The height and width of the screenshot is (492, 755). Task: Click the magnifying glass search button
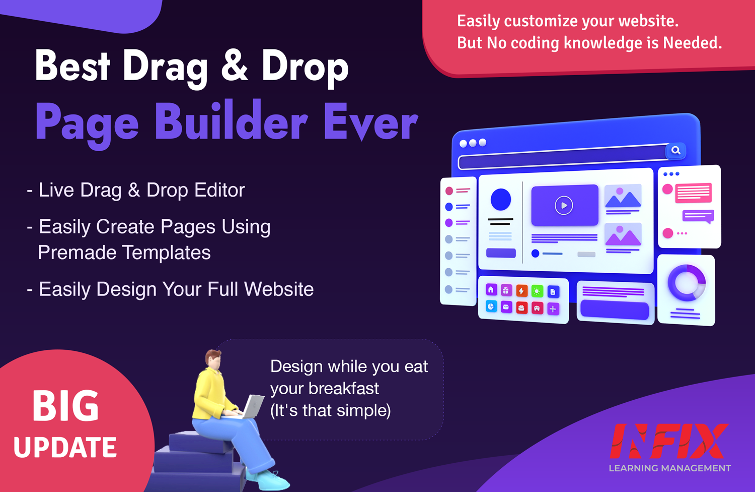point(675,150)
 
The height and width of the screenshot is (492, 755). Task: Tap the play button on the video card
point(564,205)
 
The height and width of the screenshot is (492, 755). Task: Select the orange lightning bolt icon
point(521,290)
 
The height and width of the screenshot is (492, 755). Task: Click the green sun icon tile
point(537,291)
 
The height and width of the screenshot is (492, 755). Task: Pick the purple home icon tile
point(491,289)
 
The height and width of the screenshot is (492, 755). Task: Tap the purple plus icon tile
point(553,309)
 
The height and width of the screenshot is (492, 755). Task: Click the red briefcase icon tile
point(521,307)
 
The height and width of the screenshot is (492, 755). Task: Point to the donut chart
point(687,283)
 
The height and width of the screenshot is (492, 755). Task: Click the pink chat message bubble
point(693,193)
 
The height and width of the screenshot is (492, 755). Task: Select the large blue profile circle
point(500,199)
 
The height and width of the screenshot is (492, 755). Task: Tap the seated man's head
point(213,359)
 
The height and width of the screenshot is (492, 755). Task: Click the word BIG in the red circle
point(65,405)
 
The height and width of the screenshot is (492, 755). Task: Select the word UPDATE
point(65,447)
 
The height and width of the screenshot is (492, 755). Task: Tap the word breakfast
point(343,388)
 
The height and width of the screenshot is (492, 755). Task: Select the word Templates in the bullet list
point(166,253)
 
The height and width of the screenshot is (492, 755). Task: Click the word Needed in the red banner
point(692,43)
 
